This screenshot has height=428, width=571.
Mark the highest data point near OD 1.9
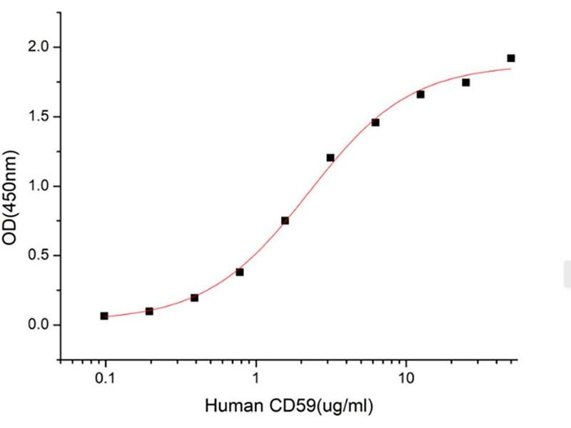click(511, 58)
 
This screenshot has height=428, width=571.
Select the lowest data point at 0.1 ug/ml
click(104, 315)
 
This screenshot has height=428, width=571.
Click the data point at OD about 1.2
click(330, 158)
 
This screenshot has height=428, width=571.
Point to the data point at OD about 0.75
click(285, 220)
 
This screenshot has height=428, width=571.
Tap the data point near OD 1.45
click(375, 123)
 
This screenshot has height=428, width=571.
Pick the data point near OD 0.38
click(240, 272)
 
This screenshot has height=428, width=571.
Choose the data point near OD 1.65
click(420, 95)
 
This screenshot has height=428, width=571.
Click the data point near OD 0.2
click(194, 297)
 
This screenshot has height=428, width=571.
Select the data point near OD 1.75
click(466, 82)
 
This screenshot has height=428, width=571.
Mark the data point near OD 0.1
click(149, 311)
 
